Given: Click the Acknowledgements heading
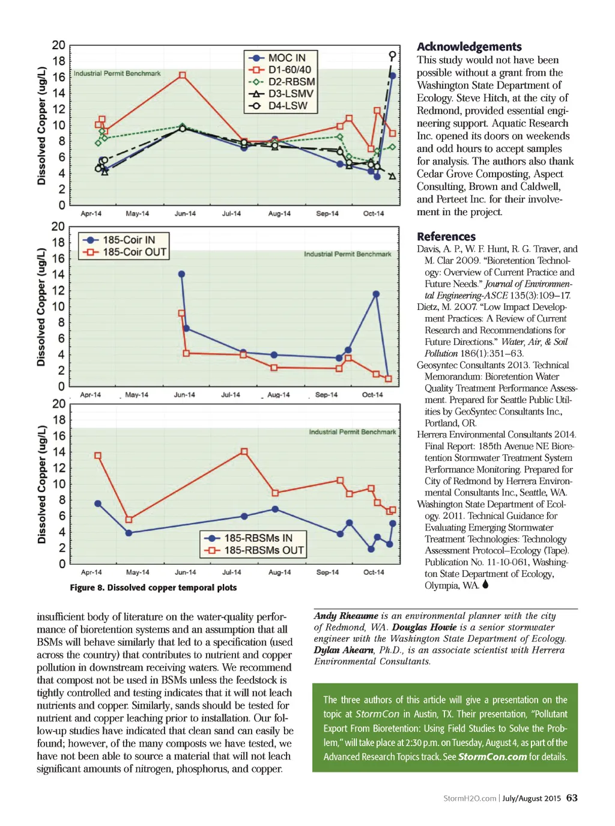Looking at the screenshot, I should coord(469,47).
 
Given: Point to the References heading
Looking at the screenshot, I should coord(446,237).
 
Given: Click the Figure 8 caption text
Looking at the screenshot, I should coord(153,588).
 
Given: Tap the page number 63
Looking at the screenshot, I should coord(572,798).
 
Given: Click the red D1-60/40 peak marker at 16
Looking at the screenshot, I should coord(182,76).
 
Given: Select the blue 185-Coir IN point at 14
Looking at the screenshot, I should coord(182,274).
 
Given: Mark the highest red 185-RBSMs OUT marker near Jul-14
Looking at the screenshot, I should coord(244,451).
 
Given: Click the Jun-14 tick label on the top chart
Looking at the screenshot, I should coord(185,214).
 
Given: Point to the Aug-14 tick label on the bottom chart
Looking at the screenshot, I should coord(279,572).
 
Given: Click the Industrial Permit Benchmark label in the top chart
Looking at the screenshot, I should coord(117,73).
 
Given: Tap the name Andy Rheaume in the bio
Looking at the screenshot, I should coord(346,616).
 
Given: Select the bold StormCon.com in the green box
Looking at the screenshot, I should coord(492,757).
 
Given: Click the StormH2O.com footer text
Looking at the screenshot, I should coord(470,798).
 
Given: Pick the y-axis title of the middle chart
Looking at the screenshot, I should coord(41,307).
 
